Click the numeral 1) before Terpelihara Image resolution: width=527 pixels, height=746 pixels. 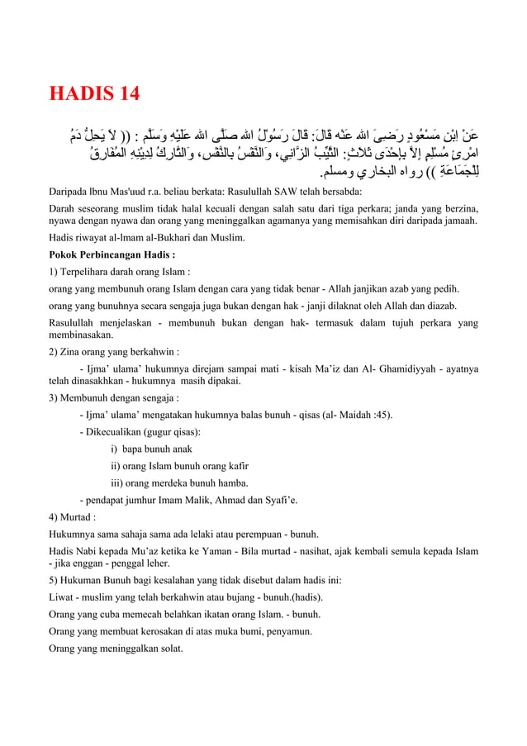click(55, 272)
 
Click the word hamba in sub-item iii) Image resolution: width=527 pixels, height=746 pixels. click(232, 482)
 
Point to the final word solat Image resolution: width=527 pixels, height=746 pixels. click(168, 649)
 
